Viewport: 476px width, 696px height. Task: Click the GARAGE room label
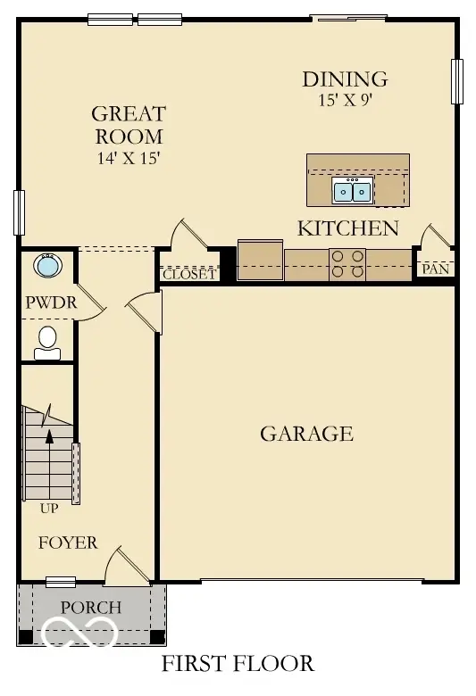point(306,435)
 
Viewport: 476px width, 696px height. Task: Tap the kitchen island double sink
point(352,191)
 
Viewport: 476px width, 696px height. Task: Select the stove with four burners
point(347,264)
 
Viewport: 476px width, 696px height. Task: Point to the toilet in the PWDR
point(47,342)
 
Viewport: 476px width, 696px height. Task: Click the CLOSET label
point(188,274)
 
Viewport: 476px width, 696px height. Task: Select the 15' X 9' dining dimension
point(344,100)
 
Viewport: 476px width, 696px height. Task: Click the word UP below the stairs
point(49,510)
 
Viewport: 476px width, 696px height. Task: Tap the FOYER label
point(68,543)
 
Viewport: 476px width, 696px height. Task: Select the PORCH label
point(91,608)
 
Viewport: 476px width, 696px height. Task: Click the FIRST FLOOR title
point(238,664)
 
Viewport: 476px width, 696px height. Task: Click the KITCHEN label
point(347,228)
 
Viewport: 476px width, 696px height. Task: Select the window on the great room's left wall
point(18,212)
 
